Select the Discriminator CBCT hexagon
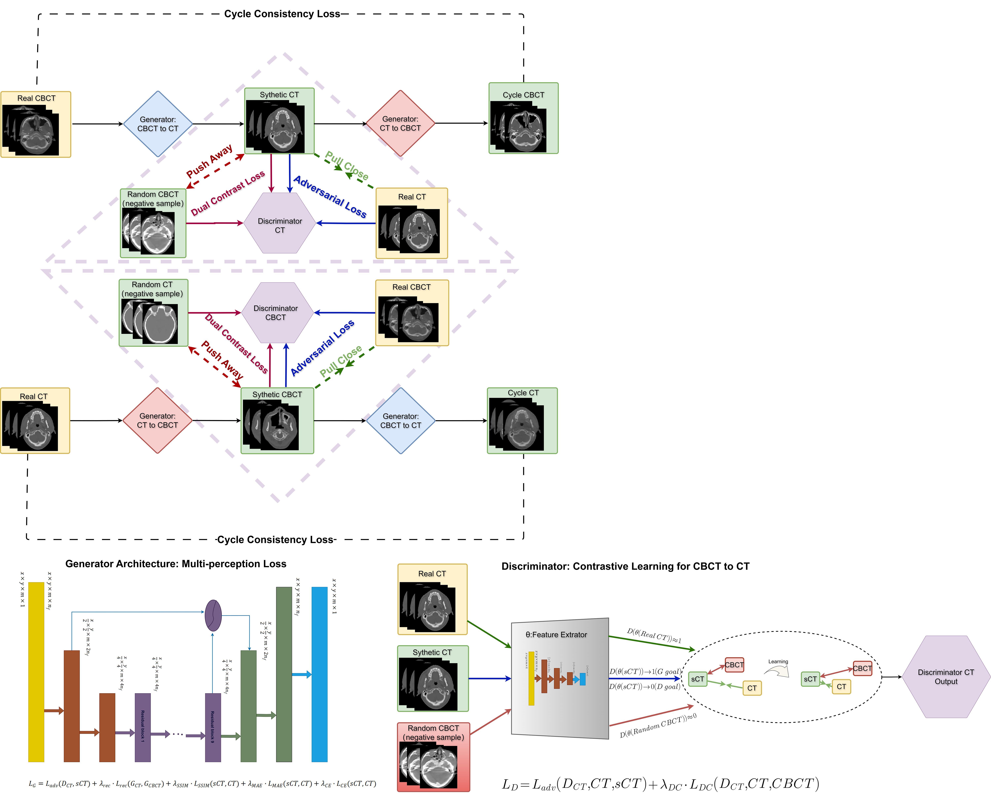pos(276,313)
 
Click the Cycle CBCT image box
pos(523,118)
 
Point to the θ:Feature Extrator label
pos(556,635)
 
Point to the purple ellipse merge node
pos(213,615)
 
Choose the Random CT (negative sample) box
pos(153,313)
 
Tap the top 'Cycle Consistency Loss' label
pos(282,14)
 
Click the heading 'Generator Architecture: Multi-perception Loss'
pos(176,564)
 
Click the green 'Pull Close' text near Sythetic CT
pos(347,166)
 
